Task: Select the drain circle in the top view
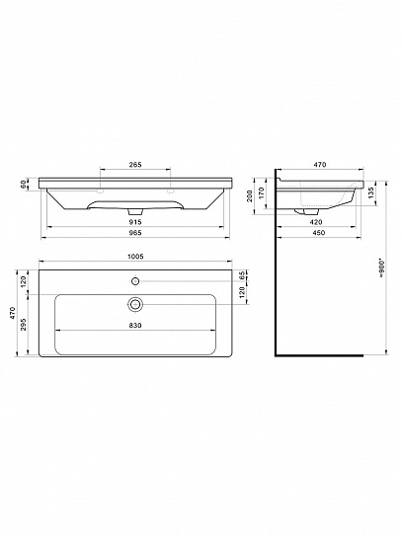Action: click(x=135, y=303)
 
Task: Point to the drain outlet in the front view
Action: click(x=135, y=211)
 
